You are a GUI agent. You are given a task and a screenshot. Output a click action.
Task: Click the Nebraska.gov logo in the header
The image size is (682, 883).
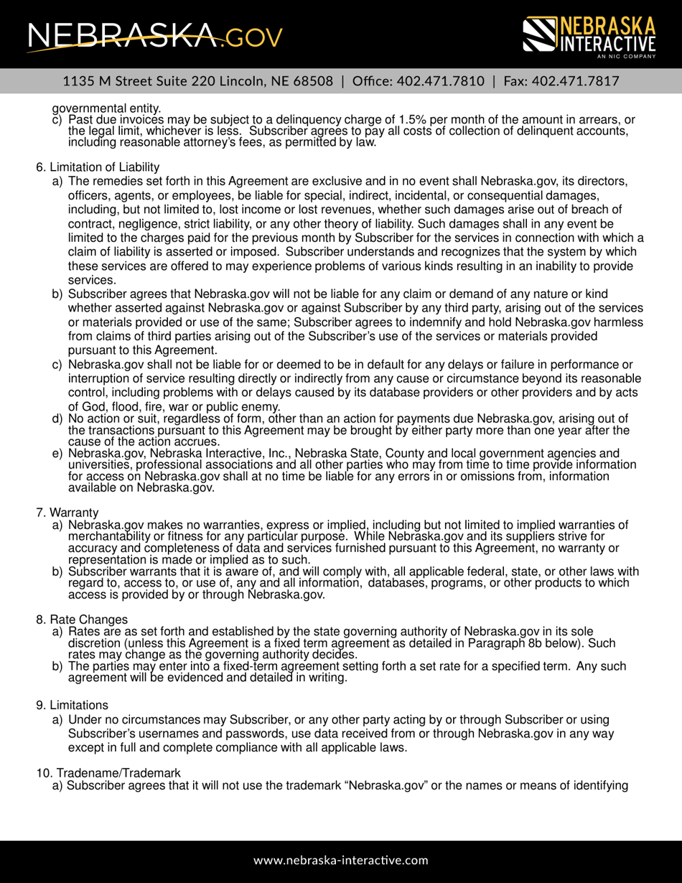click(x=154, y=34)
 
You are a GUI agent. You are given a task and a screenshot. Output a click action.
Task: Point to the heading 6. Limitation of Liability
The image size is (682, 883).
click(x=98, y=167)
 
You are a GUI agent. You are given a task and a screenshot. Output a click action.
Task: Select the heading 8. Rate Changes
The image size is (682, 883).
click(x=82, y=619)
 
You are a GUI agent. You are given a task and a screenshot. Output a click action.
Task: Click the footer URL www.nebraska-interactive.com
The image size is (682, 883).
click(x=341, y=860)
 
